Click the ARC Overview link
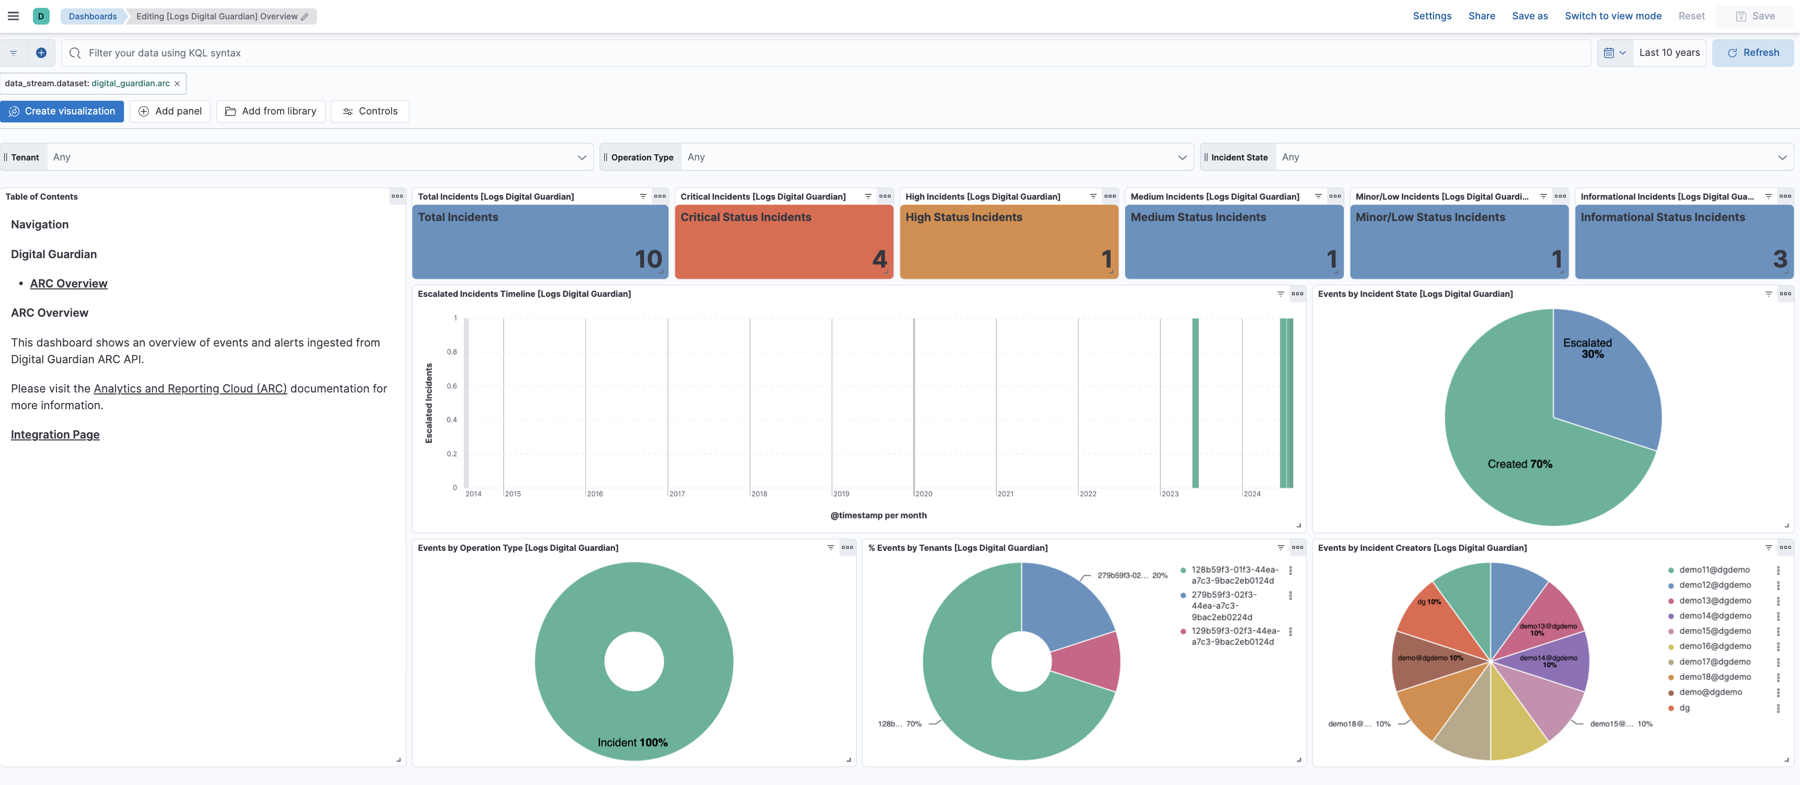pos(68,284)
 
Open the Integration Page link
pos(55,435)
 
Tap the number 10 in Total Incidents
pos(648,259)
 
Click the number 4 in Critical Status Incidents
pos(879,259)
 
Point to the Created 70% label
pos(1520,464)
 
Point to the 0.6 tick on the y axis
pos(452,386)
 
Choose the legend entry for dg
pos(1684,708)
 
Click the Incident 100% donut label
pos(632,742)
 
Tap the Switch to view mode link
pos(1613,16)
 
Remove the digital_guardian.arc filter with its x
pos(178,84)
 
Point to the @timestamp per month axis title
pos(879,516)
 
